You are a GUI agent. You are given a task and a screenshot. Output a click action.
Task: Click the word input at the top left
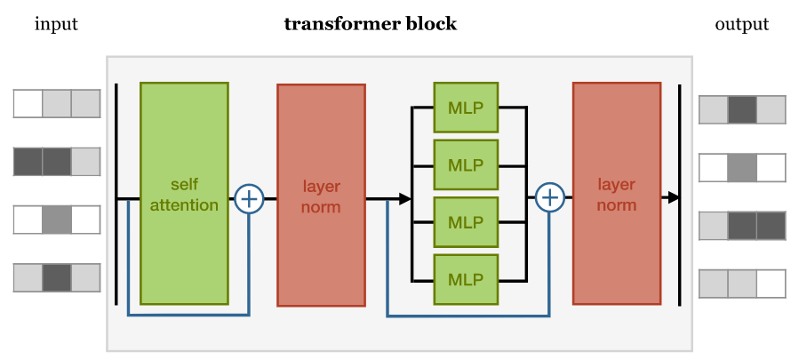tap(56, 24)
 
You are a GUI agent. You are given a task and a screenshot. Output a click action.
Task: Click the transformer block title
tap(370, 24)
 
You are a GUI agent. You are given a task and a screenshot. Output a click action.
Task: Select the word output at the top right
tap(741, 24)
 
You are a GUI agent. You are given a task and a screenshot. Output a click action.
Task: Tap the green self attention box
tap(184, 194)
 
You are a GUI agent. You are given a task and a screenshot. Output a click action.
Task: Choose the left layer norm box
tap(321, 195)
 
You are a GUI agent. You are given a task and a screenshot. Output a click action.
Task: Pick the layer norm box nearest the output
tap(616, 194)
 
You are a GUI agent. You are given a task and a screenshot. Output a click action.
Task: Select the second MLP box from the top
tap(466, 165)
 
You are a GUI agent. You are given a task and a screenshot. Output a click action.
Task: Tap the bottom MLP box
tap(466, 279)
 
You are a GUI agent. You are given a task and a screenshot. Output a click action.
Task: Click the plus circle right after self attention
tap(249, 198)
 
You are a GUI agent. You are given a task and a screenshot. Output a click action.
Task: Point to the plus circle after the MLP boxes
tap(550, 198)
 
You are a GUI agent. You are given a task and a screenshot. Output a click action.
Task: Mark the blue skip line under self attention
tap(188, 315)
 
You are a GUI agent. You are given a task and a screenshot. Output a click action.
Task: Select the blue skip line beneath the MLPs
tap(467, 316)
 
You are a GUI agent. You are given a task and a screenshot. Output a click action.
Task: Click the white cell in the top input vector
tap(28, 103)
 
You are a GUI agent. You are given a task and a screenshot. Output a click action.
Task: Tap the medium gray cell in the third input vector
tap(56, 220)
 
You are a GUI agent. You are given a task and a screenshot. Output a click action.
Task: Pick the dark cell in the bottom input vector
tap(56, 277)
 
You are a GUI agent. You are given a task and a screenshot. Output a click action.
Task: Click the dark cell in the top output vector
tap(742, 109)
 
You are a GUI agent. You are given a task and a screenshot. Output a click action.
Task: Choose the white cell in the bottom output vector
tap(771, 284)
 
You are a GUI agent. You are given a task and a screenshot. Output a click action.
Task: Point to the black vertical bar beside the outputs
tap(679, 196)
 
